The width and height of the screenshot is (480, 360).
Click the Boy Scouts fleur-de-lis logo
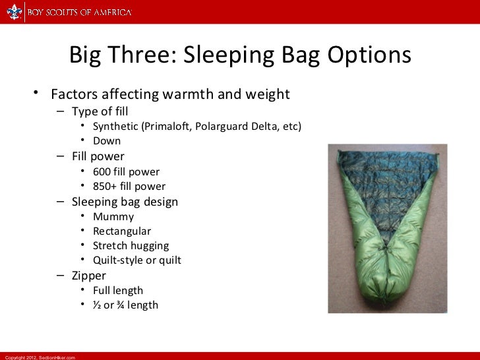14,12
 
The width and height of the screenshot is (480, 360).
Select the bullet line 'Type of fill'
100,111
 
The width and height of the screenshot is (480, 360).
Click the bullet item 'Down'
107,140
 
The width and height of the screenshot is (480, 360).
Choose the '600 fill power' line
126,172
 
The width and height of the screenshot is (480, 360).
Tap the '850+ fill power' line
129,187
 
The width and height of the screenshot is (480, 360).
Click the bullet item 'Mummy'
113,216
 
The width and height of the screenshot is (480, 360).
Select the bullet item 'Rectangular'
122,231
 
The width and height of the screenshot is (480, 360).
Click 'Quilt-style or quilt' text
137,260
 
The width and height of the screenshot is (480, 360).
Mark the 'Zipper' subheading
89,276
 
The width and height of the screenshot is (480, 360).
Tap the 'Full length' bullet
118,290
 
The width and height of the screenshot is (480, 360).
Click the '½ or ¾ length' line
125,305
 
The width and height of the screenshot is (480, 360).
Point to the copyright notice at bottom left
40,357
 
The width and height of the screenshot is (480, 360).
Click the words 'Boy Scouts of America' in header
79,12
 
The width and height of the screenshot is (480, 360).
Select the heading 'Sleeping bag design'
125,202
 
